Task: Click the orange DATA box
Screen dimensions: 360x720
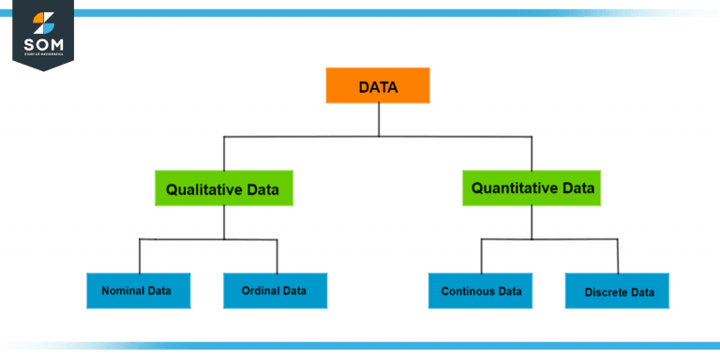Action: (x=378, y=85)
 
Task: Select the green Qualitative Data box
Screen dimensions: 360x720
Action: (x=223, y=188)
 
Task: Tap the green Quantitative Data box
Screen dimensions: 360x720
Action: (x=532, y=188)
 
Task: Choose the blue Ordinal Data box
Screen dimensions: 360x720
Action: (x=277, y=291)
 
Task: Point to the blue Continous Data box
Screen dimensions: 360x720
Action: (x=481, y=291)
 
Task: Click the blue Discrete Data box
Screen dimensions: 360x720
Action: (x=617, y=292)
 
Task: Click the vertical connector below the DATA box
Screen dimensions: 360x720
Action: (x=378, y=119)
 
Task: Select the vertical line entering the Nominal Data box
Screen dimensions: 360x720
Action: (x=140, y=255)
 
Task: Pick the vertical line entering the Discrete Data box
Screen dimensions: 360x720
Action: (x=617, y=255)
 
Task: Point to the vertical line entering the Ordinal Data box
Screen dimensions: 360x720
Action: (x=277, y=255)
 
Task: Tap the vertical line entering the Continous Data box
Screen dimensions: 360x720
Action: (x=481, y=255)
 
